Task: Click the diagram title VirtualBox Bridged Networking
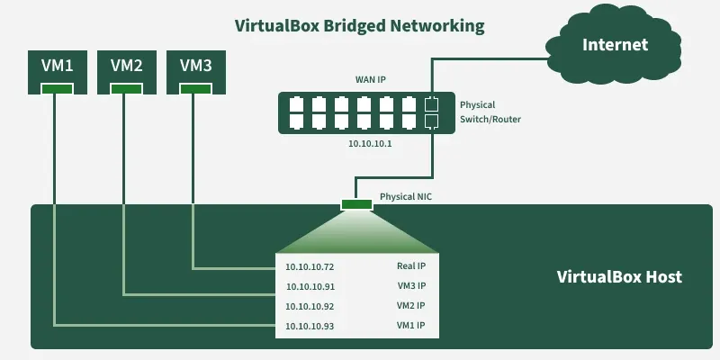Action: (x=359, y=25)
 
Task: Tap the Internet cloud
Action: (x=615, y=45)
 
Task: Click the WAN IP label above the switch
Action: (x=370, y=80)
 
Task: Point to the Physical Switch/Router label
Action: (x=490, y=112)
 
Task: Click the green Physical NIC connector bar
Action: (x=356, y=205)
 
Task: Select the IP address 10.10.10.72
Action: (x=310, y=267)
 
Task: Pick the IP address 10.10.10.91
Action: (x=310, y=287)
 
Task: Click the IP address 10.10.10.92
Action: (x=310, y=307)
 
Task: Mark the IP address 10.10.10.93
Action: (x=310, y=326)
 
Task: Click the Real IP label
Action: (x=411, y=266)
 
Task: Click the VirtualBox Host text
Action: (x=619, y=277)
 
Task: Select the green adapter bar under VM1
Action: (x=57, y=88)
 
